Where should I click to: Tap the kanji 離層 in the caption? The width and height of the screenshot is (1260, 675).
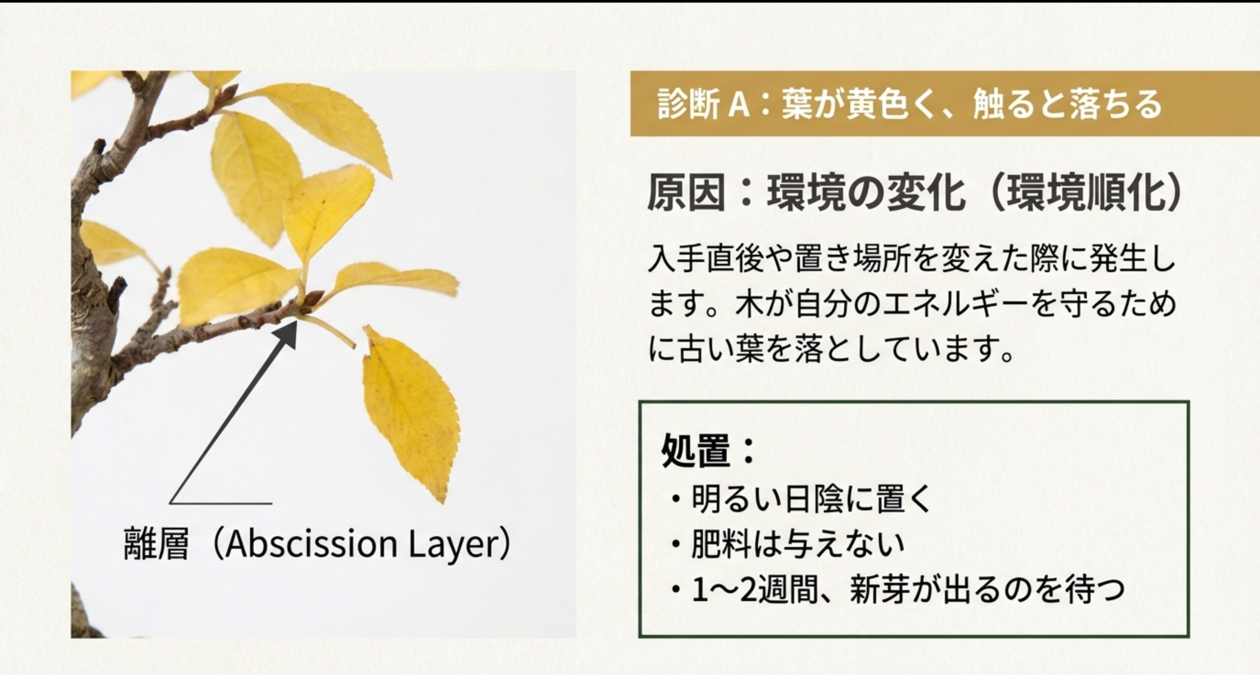(156, 546)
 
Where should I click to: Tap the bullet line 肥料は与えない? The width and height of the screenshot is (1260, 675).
(797, 544)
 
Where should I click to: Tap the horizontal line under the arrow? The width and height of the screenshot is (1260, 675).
(221, 503)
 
